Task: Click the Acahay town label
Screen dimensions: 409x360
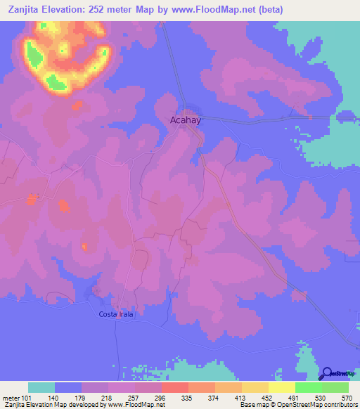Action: pyautogui.click(x=186, y=120)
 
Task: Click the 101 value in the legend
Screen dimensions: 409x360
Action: pyautogui.click(x=27, y=397)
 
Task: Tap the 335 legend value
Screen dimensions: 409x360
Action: pyautogui.click(x=187, y=397)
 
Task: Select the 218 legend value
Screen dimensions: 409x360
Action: pyautogui.click(x=107, y=397)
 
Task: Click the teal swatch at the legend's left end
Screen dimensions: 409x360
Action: pyautogui.click(x=41, y=387)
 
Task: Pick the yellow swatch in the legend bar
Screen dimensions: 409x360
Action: pyautogui.click(x=282, y=387)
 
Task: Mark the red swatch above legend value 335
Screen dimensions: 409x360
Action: pyautogui.click(x=175, y=387)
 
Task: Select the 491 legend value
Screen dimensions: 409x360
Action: pyautogui.click(x=294, y=397)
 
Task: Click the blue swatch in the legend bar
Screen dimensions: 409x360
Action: pyautogui.click(x=68, y=387)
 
